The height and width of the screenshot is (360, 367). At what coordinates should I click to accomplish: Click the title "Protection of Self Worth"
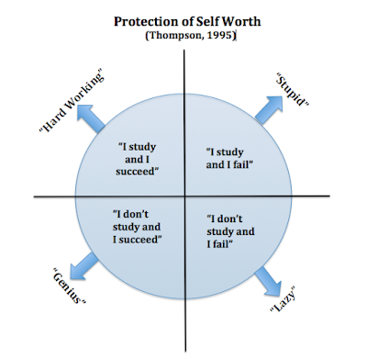(187, 22)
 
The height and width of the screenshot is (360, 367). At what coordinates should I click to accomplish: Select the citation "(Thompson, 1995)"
(191, 35)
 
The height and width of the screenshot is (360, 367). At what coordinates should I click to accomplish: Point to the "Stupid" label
(293, 89)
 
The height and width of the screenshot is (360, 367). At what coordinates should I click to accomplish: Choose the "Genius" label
(70, 286)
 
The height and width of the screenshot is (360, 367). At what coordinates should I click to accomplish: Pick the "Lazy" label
(284, 298)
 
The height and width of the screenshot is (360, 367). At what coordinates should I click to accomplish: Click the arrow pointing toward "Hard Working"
(90, 118)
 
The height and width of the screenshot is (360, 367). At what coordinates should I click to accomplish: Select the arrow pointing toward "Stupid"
(269, 109)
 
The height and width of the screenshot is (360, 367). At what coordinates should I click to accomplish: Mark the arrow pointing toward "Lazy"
(268, 281)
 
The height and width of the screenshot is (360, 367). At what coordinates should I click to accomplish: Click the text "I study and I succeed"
(138, 159)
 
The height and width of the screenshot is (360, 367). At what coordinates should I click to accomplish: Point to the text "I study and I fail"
(229, 158)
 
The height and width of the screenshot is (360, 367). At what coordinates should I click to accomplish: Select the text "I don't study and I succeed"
(137, 227)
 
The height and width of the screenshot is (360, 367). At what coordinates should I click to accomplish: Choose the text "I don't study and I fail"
(230, 231)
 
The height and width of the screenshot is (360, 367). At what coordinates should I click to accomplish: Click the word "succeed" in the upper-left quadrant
(137, 172)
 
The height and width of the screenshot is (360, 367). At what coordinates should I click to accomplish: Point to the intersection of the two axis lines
(184, 197)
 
